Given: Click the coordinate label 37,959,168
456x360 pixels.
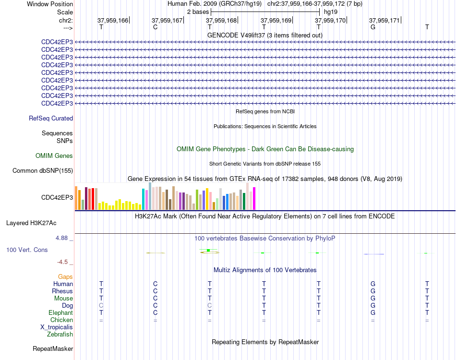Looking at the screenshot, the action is point(222,20).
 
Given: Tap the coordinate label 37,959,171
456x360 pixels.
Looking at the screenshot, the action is point(385,20).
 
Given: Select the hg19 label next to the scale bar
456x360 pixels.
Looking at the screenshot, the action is point(331,12).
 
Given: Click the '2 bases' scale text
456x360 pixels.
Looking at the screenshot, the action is point(198,12).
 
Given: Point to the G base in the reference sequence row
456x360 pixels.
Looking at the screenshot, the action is point(373,27).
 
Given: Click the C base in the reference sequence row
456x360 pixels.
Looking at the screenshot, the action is point(156,27).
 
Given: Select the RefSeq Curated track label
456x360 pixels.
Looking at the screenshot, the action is point(51,119).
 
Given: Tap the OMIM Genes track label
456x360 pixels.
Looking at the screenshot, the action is point(54,156).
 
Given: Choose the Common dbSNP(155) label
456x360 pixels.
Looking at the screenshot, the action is point(43,171).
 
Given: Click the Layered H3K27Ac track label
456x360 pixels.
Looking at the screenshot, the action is point(31,223).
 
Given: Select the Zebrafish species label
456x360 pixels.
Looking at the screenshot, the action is point(60,335).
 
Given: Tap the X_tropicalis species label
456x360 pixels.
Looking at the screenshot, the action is point(57,327).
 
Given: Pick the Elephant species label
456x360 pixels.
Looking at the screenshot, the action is point(61,312).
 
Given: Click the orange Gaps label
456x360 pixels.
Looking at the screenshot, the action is point(65,277).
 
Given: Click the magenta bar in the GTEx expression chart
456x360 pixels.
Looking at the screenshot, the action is point(254,199).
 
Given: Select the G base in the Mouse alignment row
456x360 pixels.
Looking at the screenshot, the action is point(373,299).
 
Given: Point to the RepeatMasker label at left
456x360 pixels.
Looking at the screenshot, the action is point(53,348).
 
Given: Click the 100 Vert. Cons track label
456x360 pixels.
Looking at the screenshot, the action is point(27,250).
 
